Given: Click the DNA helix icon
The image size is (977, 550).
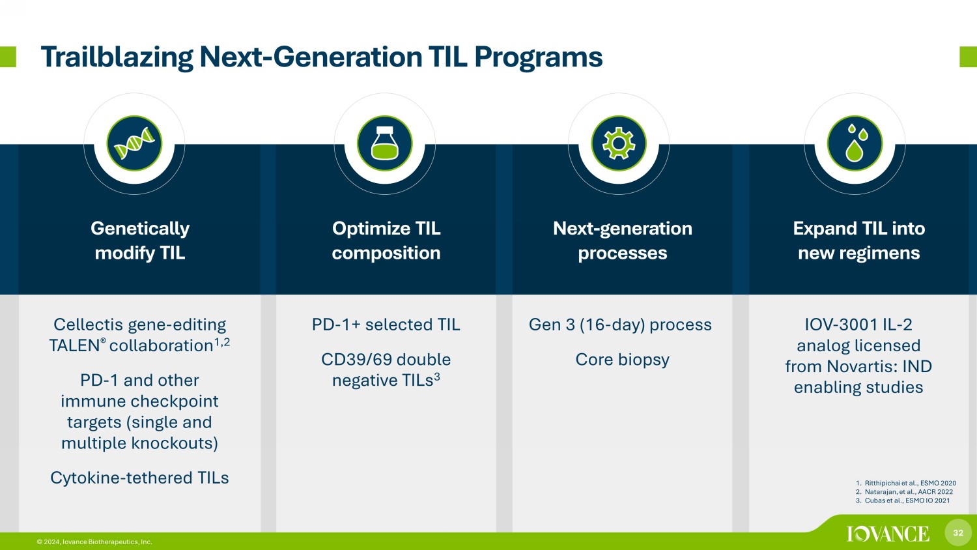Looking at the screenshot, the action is pyautogui.click(x=134, y=143).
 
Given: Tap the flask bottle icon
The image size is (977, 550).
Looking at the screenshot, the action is pyautogui.click(x=385, y=143).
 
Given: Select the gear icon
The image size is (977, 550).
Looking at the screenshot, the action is pyautogui.click(x=619, y=143).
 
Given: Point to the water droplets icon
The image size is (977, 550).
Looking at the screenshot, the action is pyautogui.click(x=855, y=143).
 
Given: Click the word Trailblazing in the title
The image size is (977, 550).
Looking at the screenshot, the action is pyautogui.click(x=117, y=57).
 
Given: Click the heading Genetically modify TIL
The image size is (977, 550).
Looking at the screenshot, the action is pyautogui.click(x=140, y=240).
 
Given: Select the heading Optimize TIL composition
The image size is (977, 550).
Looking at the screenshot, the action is pyautogui.click(x=386, y=240).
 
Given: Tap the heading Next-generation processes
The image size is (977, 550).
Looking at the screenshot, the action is pyautogui.click(x=623, y=240).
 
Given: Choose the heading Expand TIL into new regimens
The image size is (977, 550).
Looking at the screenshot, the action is pyautogui.click(x=859, y=240).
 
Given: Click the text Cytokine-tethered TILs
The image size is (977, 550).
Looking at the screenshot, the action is pyautogui.click(x=139, y=478).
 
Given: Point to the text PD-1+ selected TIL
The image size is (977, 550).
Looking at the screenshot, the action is pyautogui.click(x=386, y=325).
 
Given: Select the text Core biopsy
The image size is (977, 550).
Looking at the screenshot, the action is pyautogui.click(x=623, y=360).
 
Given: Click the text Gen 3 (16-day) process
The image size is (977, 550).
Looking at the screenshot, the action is pyautogui.click(x=620, y=325).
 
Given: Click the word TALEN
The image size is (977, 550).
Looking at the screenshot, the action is pyautogui.click(x=75, y=346).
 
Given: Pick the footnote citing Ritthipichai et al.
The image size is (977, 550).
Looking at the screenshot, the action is pyautogui.click(x=906, y=483).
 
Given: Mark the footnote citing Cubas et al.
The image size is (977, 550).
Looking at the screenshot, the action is pyautogui.click(x=903, y=500).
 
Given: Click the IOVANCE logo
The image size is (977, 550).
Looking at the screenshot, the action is pyautogui.click(x=888, y=534).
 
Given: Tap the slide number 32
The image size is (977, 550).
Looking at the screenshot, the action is pyautogui.click(x=958, y=532).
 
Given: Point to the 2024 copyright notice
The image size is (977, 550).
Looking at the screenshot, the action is pyautogui.click(x=94, y=542).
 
